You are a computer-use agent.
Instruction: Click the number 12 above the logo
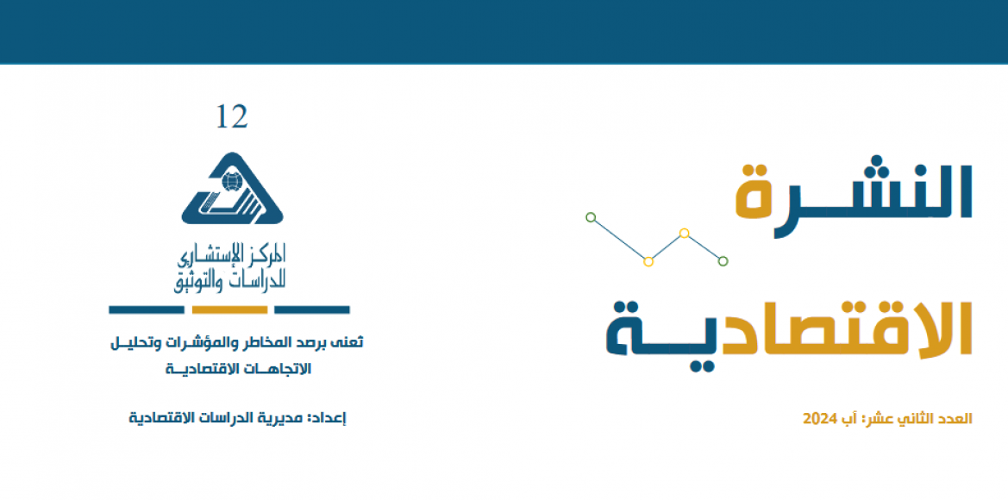point(231,116)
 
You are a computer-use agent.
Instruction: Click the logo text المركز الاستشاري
point(231,256)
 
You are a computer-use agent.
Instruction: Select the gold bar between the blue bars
point(229,309)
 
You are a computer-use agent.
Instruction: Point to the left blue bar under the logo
point(147,309)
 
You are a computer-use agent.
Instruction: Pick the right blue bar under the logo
point(312,309)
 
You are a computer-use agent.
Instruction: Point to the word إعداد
point(329,418)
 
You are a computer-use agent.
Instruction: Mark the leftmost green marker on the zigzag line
point(591,217)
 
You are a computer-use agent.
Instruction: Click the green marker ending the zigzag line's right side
point(723,261)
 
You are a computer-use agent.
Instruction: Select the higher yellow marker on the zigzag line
point(685,234)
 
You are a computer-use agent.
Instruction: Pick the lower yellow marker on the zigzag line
point(648,261)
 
